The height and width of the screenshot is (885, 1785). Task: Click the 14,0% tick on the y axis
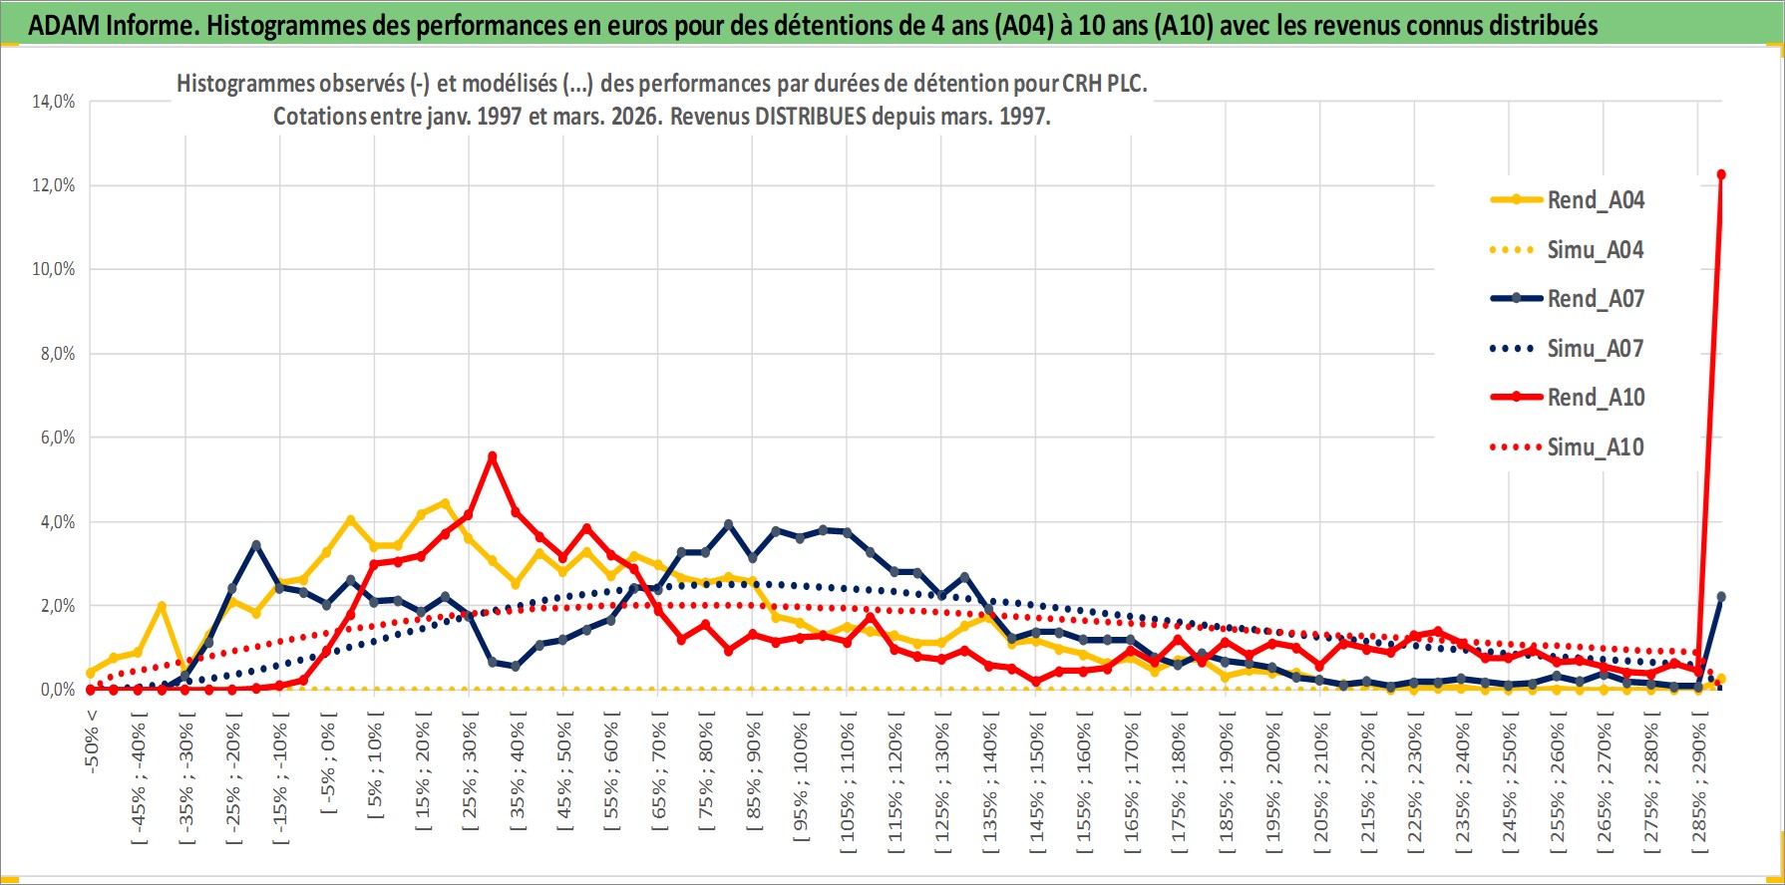(x=54, y=102)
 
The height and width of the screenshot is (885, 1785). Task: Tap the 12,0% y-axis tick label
(x=54, y=185)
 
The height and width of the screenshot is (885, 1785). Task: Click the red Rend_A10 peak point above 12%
(x=1721, y=174)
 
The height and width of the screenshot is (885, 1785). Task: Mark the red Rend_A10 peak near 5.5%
(x=492, y=456)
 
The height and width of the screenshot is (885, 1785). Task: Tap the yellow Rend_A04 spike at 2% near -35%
(x=162, y=606)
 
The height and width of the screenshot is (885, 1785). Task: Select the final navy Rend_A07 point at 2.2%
(x=1721, y=597)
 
